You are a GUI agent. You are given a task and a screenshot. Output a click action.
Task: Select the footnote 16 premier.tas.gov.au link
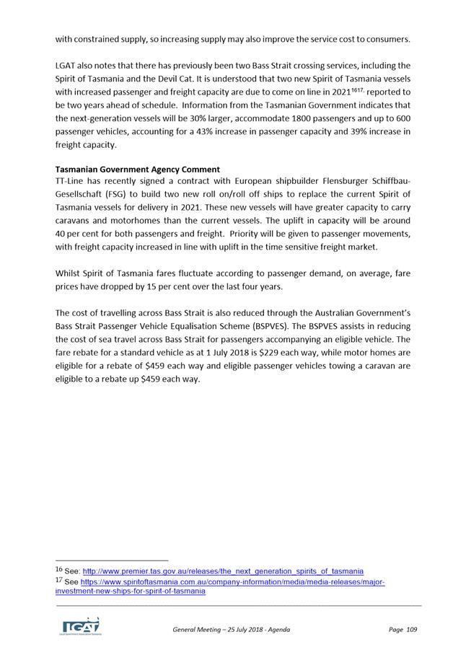point(224,571)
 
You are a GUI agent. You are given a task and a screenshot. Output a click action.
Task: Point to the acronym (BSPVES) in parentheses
point(270,326)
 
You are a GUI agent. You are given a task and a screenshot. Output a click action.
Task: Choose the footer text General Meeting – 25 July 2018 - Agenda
point(231,630)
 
